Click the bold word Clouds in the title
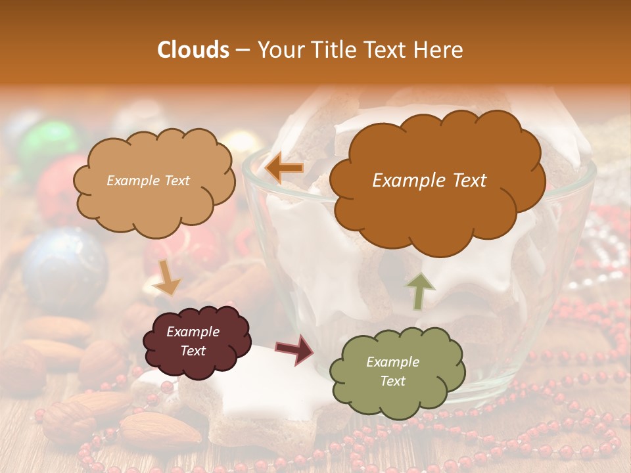[193, 50]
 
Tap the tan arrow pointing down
[167, 277]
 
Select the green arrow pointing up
[419, 290]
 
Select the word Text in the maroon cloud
[193, 351]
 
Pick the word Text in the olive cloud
[392, 381]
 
